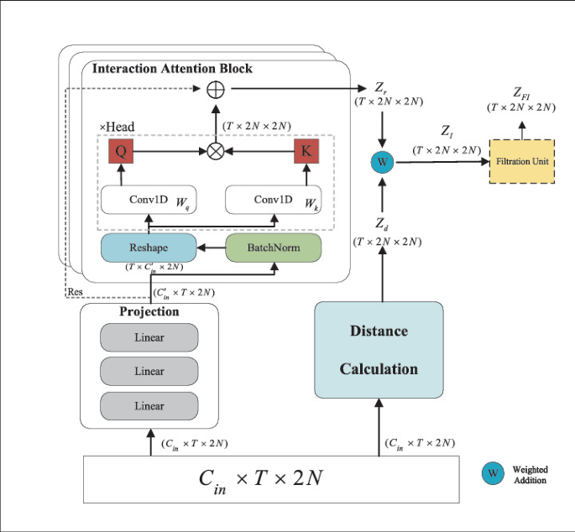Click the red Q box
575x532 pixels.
120,152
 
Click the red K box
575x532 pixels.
306,152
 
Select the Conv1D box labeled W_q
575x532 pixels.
149,200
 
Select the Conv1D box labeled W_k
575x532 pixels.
274,200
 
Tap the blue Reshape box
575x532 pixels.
149,248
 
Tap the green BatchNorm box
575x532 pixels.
274,248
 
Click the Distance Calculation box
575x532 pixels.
379,348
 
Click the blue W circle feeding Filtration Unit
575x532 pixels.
383,160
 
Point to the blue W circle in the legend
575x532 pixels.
494,474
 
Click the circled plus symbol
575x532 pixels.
216,88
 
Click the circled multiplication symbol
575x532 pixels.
216,152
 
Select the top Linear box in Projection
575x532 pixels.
149,338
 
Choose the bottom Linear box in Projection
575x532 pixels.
149,406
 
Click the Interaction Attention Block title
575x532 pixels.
172,68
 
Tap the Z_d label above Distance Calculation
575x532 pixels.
383,223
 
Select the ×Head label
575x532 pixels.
117,127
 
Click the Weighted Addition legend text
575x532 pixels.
530,475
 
